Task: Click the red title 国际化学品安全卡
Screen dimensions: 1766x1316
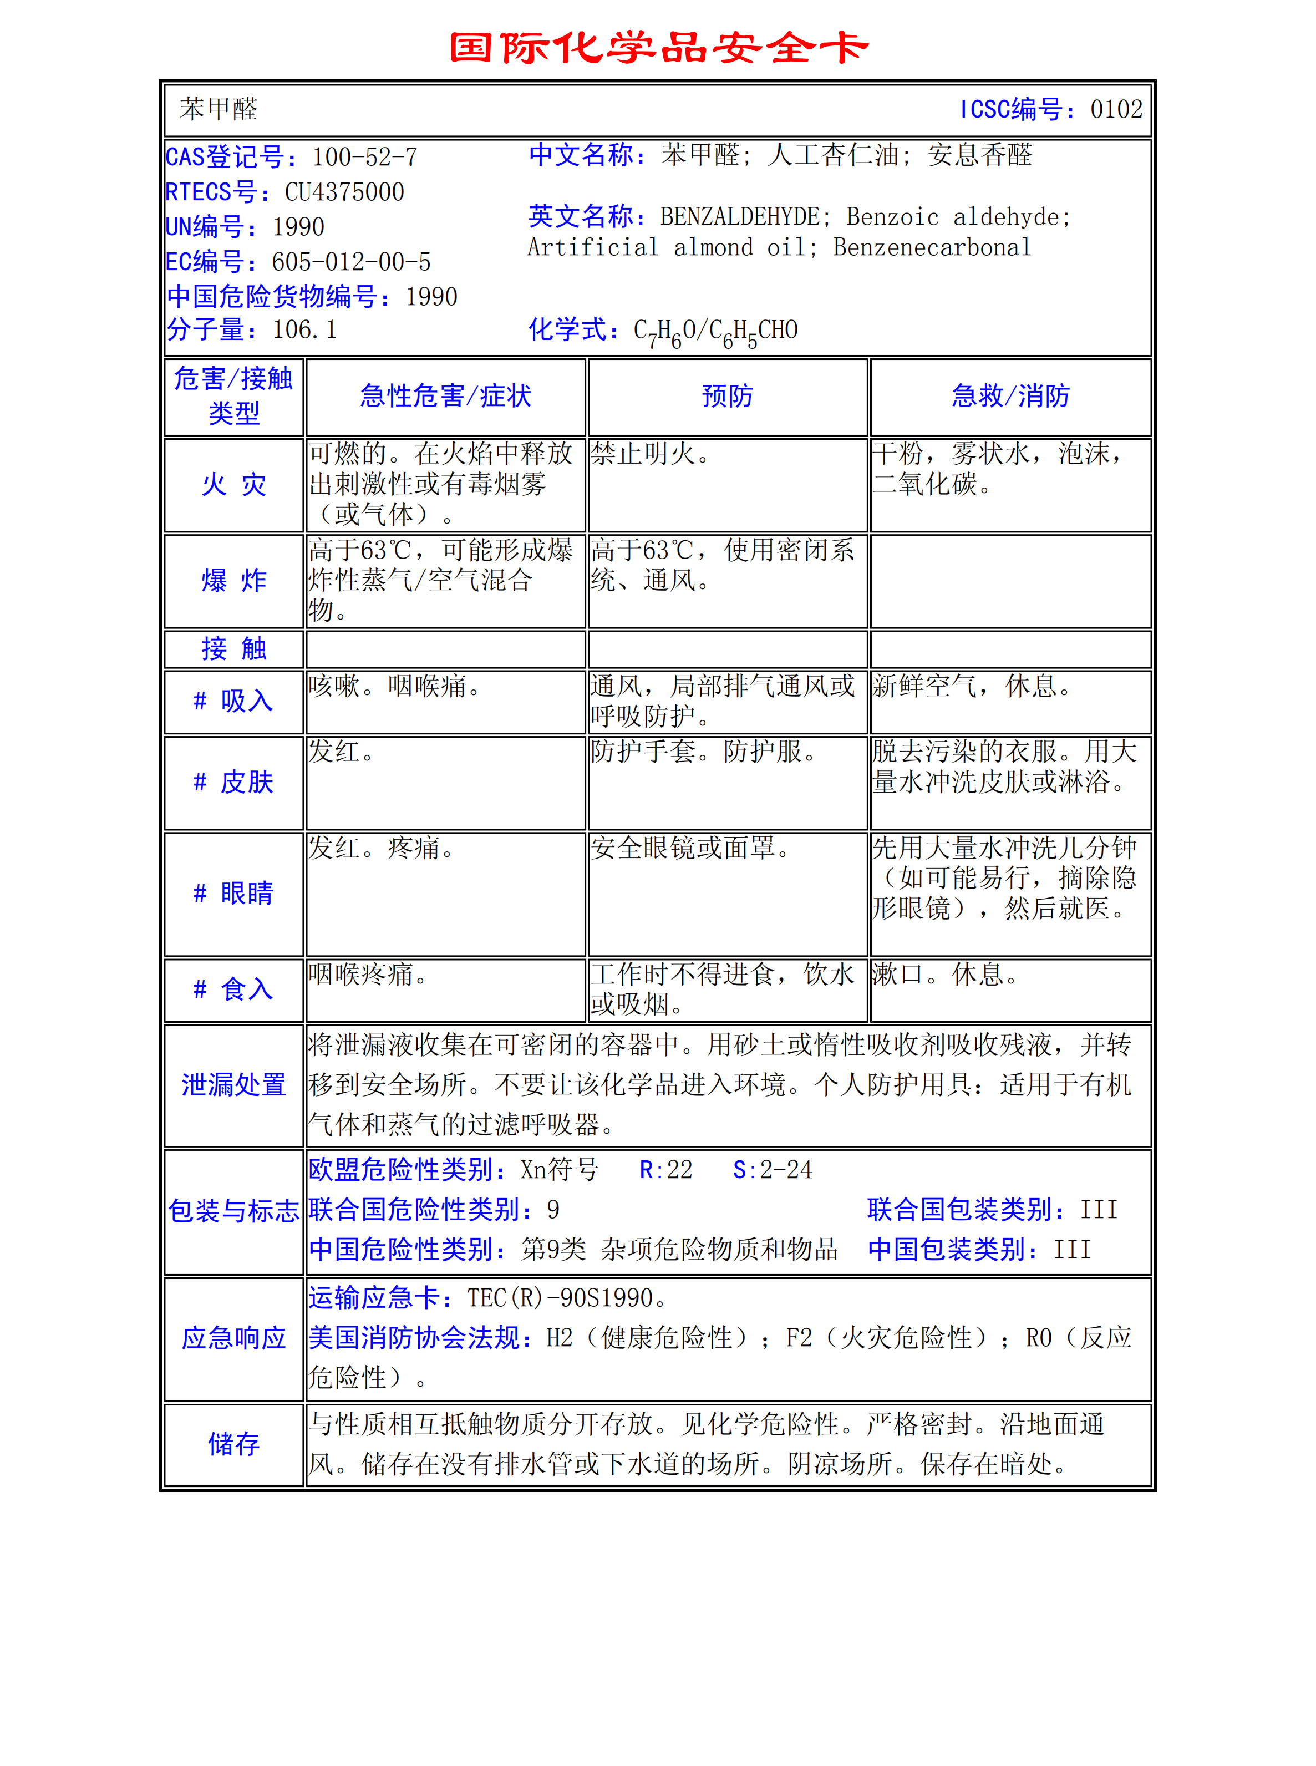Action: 658,48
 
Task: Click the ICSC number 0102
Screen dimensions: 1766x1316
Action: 1116,109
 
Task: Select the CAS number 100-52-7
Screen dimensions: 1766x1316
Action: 364,157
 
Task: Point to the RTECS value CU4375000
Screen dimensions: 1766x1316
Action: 344,192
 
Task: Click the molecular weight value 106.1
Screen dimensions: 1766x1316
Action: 304,330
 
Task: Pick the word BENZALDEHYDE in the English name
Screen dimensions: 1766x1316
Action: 740,217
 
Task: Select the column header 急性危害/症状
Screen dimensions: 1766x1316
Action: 445,396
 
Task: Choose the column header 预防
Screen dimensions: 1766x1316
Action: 726,396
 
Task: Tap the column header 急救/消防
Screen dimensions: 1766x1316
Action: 1010,396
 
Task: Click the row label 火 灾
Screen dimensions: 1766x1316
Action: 233,484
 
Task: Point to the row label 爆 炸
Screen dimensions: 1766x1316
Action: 233,581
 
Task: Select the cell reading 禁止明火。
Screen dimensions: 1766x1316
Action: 650,454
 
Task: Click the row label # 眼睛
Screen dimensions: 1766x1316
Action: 233,893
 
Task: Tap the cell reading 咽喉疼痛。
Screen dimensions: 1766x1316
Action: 368,974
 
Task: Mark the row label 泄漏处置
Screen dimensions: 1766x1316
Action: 233,1085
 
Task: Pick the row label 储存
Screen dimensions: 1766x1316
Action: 233,1443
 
